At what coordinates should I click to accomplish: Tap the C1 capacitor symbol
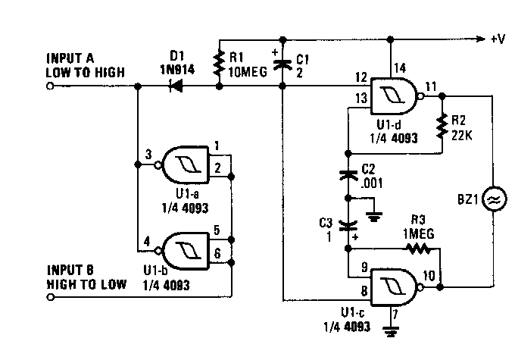point(282,64)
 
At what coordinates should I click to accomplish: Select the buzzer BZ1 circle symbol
point(494,199)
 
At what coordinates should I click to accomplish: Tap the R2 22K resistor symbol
point(442,126)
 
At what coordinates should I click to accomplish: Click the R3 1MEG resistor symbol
point(418,249)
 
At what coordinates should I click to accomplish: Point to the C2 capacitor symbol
point(348,176)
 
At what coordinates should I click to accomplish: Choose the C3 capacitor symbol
point(348,226)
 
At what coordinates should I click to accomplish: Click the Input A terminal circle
point(50,86)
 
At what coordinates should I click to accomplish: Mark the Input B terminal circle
point(50,297)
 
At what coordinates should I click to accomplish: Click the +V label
point(498,39)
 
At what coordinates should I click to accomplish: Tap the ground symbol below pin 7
point(391,331)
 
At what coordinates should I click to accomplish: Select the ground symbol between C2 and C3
point(374,217)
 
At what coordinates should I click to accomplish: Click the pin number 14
point(400,68)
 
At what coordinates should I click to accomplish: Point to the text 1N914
point(177,70)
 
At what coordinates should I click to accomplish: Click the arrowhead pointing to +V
point(480,39)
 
